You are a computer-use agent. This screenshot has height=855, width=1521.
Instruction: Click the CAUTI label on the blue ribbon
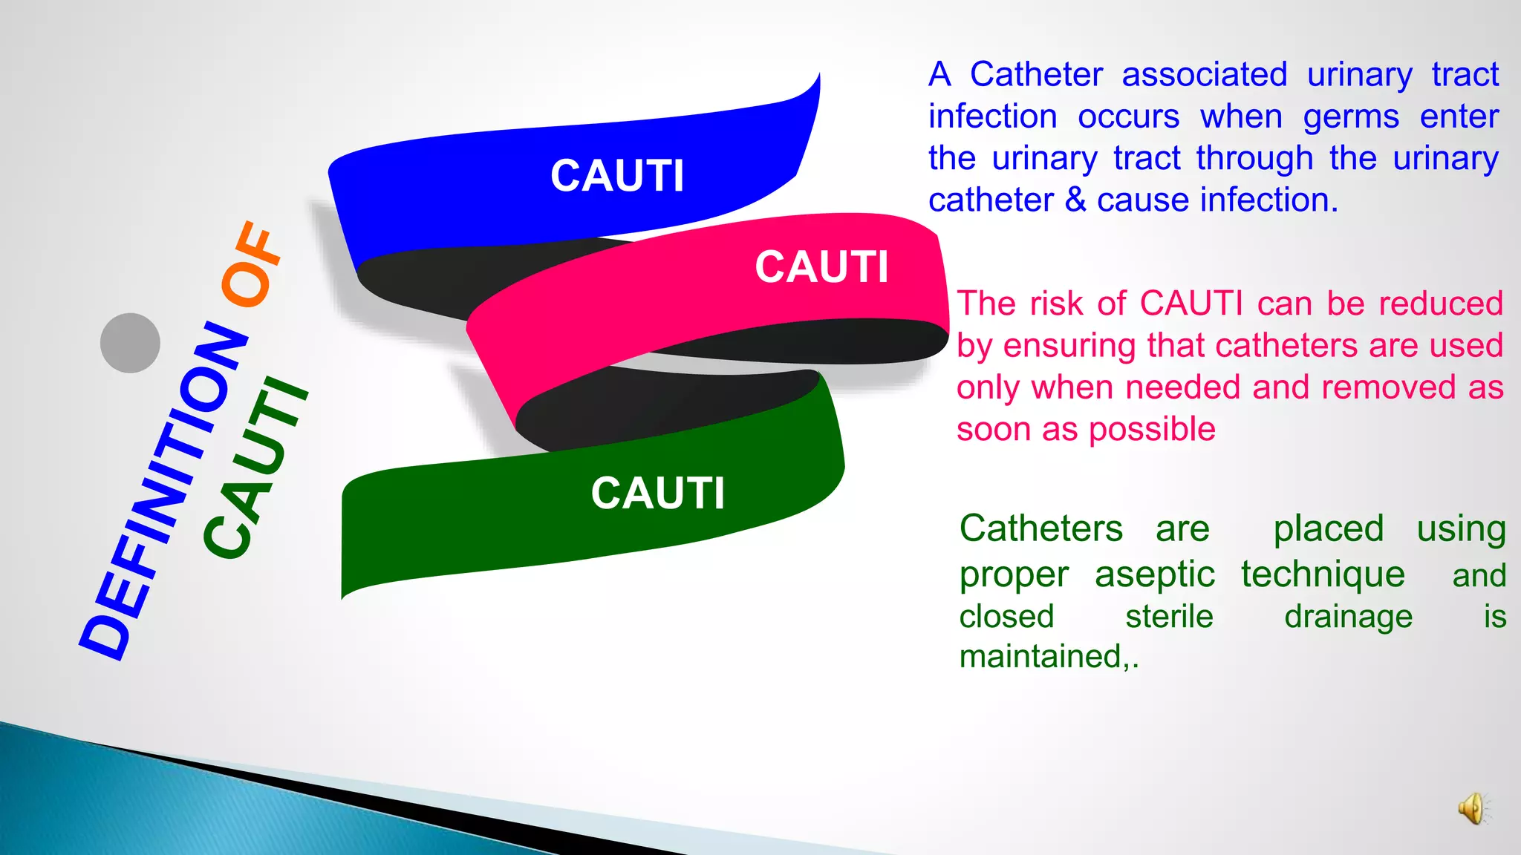tap(617, 177)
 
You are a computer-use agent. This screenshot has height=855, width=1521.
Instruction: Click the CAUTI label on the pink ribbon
tap(821, 267)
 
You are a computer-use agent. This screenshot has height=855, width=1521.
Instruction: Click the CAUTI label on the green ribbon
tap(657, 494)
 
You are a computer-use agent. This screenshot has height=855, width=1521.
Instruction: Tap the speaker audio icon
tap(1472, 808)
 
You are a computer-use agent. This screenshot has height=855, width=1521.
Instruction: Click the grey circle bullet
tap(130, 343)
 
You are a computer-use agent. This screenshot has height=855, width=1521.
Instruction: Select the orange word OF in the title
tap(251, 264)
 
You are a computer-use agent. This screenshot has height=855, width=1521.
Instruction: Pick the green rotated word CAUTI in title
tap(255, 469)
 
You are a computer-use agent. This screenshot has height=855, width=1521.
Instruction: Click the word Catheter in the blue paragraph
tap(1036, 75)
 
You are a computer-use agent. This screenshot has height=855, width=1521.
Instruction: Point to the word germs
tap(1351, 117)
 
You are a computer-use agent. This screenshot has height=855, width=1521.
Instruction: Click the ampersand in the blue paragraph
tap(1075, 200)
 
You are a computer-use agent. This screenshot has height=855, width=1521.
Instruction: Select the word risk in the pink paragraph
tap(1056, 304)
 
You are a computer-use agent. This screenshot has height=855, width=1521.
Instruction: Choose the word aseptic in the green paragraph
tap(1154, 575)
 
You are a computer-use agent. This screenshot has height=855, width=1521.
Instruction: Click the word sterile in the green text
tap(1169, 617)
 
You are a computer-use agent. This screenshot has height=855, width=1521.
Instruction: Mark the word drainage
tap(1348, 617)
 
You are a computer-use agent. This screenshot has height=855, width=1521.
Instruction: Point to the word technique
tap(1323, 575)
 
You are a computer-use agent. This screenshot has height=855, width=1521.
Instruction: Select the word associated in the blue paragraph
tap(1204, 75)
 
